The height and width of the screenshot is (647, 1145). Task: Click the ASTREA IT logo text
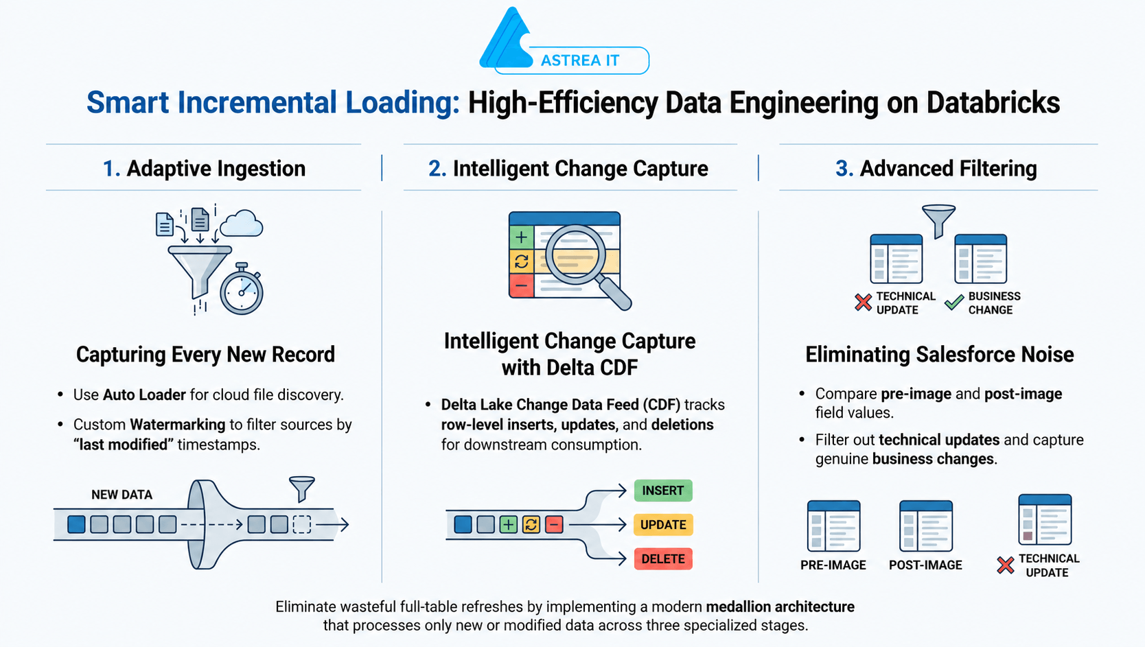579,60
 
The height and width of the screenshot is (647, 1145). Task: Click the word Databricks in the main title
993,102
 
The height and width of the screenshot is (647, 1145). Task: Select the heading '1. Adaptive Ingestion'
204,169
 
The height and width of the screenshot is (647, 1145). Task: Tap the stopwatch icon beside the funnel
242,290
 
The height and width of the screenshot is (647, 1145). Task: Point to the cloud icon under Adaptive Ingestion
242,223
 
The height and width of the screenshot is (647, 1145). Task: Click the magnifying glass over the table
586,266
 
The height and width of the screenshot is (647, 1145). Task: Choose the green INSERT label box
663,491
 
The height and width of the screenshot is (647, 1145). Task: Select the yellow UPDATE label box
663,525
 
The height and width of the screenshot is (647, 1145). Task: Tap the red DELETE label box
663,559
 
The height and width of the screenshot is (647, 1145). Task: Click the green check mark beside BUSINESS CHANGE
954,302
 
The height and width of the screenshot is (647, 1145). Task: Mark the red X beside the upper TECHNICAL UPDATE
863,303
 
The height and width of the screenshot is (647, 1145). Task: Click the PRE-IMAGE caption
833,565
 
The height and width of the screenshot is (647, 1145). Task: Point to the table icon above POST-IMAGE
926,526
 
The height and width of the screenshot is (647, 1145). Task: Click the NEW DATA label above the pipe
122,495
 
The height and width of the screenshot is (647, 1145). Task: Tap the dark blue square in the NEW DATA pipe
76,524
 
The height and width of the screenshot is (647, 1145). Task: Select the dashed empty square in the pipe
301,524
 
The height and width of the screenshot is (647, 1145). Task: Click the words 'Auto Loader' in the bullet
144,395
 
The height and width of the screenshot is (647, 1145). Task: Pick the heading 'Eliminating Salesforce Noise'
940,355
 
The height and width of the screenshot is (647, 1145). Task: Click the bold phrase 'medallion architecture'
780,607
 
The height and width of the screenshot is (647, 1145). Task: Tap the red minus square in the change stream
553,524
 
